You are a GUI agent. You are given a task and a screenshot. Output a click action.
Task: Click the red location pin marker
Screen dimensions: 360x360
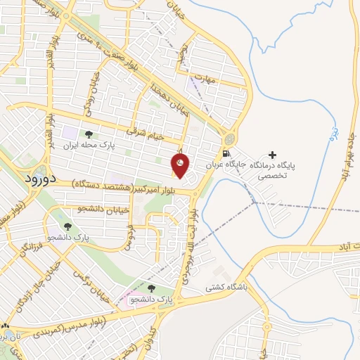[180, 165]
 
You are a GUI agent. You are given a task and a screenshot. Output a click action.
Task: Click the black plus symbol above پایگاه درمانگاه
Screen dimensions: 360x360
[273, 153]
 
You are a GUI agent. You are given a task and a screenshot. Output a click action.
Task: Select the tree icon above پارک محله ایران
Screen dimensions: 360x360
[89, 134]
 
